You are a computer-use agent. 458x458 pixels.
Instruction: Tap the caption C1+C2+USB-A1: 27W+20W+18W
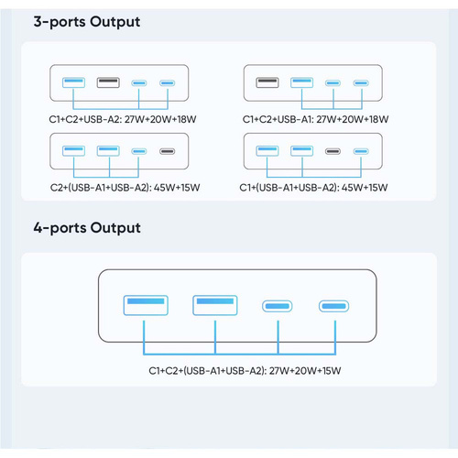[316, 118]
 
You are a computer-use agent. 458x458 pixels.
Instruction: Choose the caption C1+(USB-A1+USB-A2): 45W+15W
[316, 187]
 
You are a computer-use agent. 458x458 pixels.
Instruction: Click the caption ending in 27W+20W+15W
[244, 370]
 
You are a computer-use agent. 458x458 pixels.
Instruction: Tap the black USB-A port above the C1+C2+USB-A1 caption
[267, 84]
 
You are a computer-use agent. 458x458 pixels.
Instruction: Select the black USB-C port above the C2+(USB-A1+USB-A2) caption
[167, 151]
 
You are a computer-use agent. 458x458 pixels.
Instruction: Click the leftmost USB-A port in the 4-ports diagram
[145, 305]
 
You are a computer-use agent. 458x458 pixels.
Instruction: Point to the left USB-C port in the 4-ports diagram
[278, 306]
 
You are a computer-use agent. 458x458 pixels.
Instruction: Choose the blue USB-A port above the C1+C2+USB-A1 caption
[301, 84]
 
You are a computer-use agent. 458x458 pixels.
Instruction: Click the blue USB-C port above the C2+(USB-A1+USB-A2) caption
[138, 151]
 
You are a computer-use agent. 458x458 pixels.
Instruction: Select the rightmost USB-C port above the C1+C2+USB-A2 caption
[167, 84]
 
